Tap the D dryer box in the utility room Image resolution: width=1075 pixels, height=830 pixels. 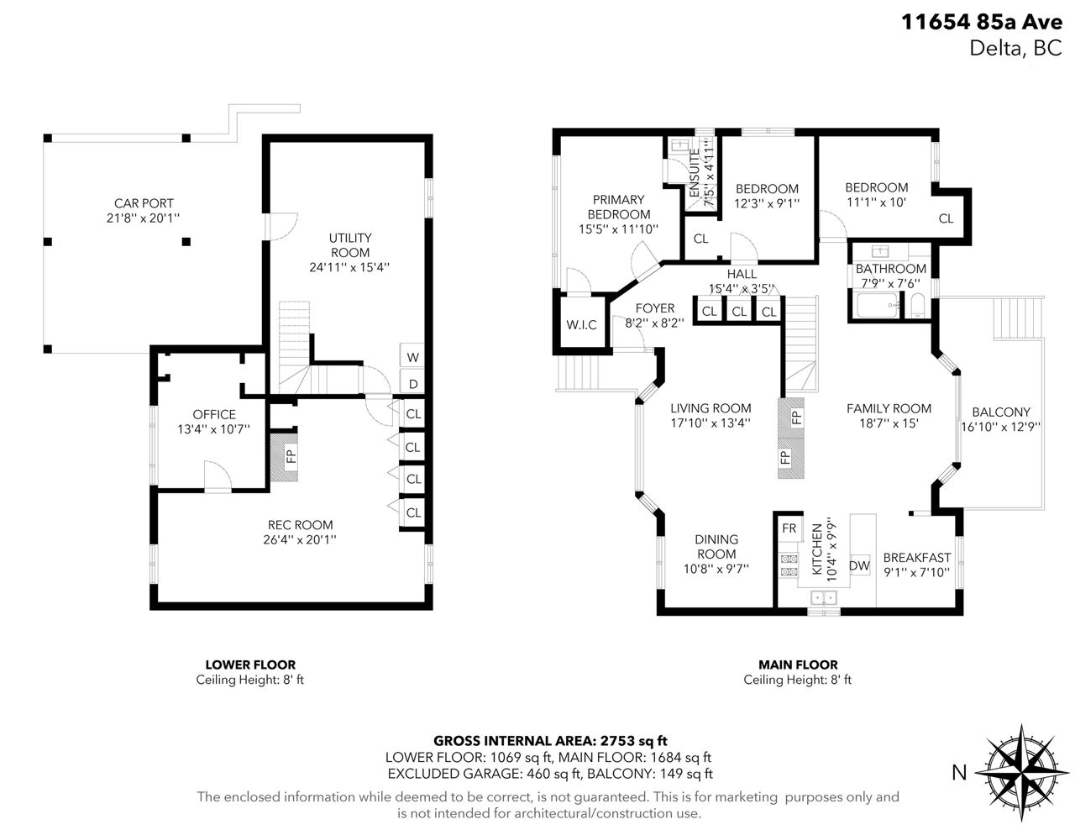pos(412,382)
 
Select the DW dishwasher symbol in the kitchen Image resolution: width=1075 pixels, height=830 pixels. pos(860,565)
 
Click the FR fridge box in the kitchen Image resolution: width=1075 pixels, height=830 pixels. pos(789,528)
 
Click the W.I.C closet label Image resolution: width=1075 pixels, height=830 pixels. pos(581,325)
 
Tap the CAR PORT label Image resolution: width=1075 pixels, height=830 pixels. pos(144,203)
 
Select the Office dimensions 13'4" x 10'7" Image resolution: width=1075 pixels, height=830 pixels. pos(213,428)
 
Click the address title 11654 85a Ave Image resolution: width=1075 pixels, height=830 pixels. pos(982,22)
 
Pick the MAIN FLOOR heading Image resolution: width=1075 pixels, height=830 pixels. pos(798,665)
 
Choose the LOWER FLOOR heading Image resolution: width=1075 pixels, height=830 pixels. pos(250,665)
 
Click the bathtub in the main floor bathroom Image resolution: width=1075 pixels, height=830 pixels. pos(878,305)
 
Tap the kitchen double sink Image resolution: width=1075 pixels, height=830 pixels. pos(824,598)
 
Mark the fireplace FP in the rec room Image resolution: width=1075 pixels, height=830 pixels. pos(284,456)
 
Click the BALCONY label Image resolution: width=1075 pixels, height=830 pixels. pos(1001,412)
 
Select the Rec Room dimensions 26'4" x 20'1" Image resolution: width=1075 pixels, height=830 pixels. pos(300,539)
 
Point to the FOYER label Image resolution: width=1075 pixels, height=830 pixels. pos(655,308)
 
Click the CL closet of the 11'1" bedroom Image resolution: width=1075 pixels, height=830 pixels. pos(946,218)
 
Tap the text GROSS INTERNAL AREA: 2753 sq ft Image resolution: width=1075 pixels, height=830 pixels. pos(551,740)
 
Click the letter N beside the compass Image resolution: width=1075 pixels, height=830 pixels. pos(959,772)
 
